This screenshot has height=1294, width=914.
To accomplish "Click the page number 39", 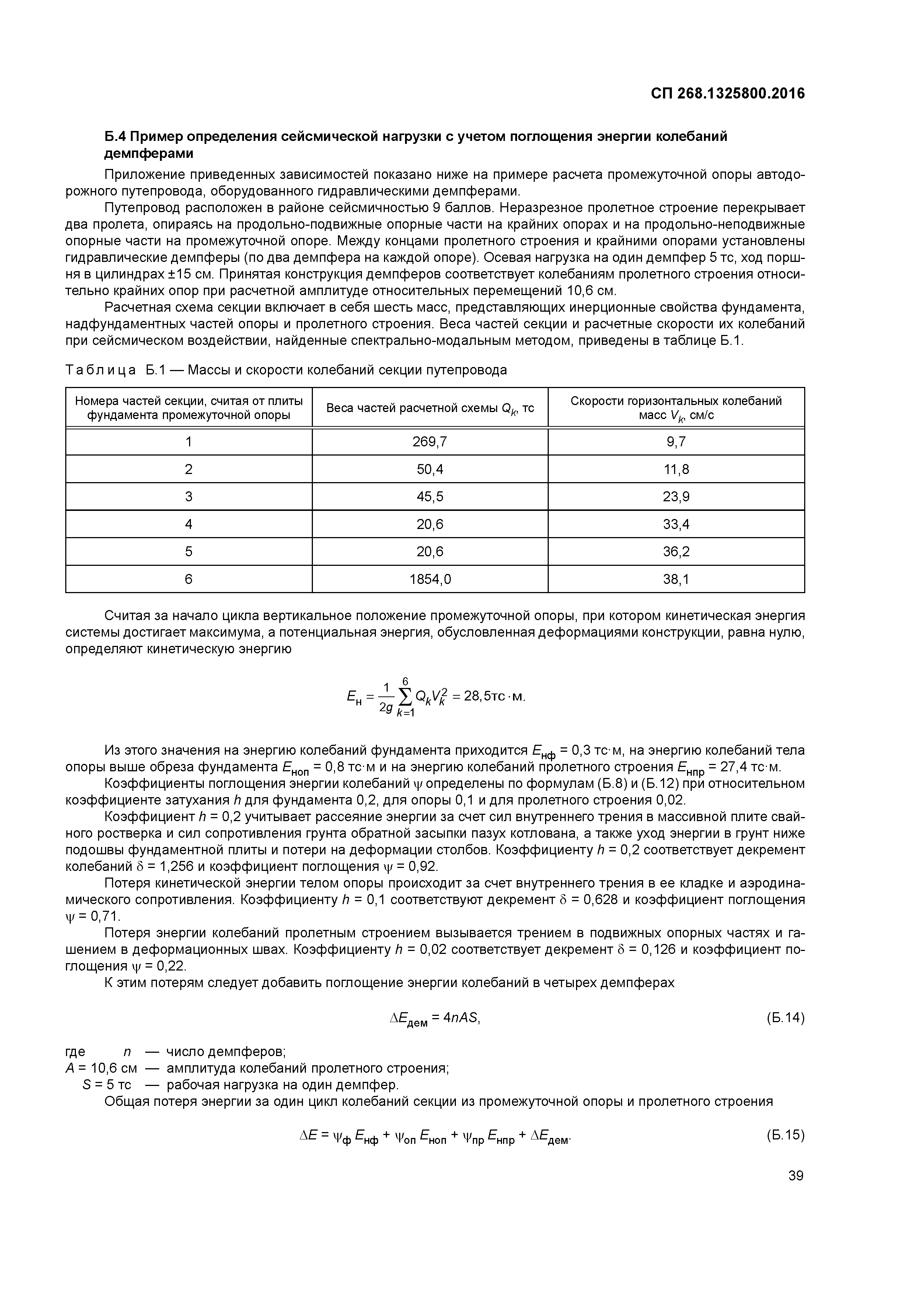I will point(796,1176).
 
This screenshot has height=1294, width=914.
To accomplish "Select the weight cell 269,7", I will point(430,442).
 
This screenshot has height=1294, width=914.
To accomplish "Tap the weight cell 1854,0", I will point(430,579).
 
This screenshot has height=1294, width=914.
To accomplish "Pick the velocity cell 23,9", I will point(676,497).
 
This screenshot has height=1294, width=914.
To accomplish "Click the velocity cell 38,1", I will point(676,579).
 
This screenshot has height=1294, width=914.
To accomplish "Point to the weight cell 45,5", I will point(430,497).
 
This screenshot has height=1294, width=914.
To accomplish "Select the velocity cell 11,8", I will point(676,470).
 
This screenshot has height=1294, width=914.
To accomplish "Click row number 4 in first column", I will point(189,524).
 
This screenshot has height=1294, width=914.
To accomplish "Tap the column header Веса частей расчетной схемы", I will point(430,408).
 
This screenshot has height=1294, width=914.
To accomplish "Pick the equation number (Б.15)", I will point(785,1135).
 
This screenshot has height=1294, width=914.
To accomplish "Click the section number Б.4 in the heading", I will point(116,136).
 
